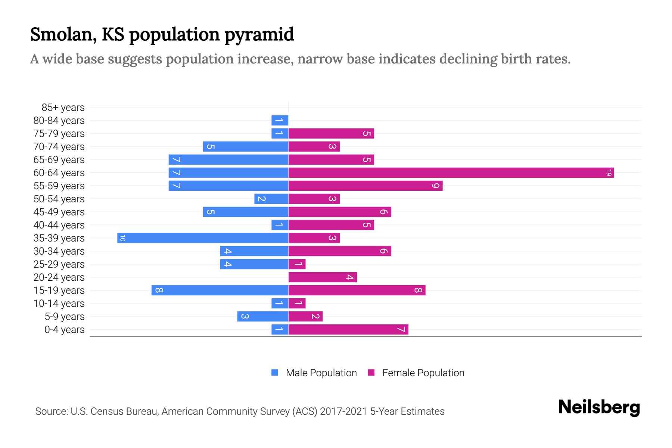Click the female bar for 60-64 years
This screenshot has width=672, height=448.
pos(451,173)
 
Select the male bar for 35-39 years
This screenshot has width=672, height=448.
pos(203,238)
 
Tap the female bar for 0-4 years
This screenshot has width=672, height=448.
pos(348,330)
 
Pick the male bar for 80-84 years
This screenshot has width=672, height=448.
pos(280,121)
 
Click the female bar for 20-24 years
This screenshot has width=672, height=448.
pos(323,277)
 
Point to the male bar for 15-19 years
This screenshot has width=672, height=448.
pos(220,290)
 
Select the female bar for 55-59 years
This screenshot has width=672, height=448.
pos(365,186)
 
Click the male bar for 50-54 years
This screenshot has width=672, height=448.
pos(271,199)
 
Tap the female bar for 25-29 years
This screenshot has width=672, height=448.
pos(297,264)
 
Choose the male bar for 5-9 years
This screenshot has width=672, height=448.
pos(263,317)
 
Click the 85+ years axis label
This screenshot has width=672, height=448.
pos(63,108)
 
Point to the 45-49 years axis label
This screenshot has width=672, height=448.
pos(59,212)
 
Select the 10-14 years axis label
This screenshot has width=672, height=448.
pos(59,304)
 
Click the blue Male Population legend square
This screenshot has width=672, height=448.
pos(275,373)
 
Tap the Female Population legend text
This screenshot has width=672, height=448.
pos(423,373)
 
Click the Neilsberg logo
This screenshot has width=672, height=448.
pos(599,407)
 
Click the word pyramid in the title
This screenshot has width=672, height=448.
pos(259,34)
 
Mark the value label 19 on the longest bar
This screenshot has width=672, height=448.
pos(609,173)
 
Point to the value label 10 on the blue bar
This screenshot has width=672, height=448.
pos(122,238)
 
